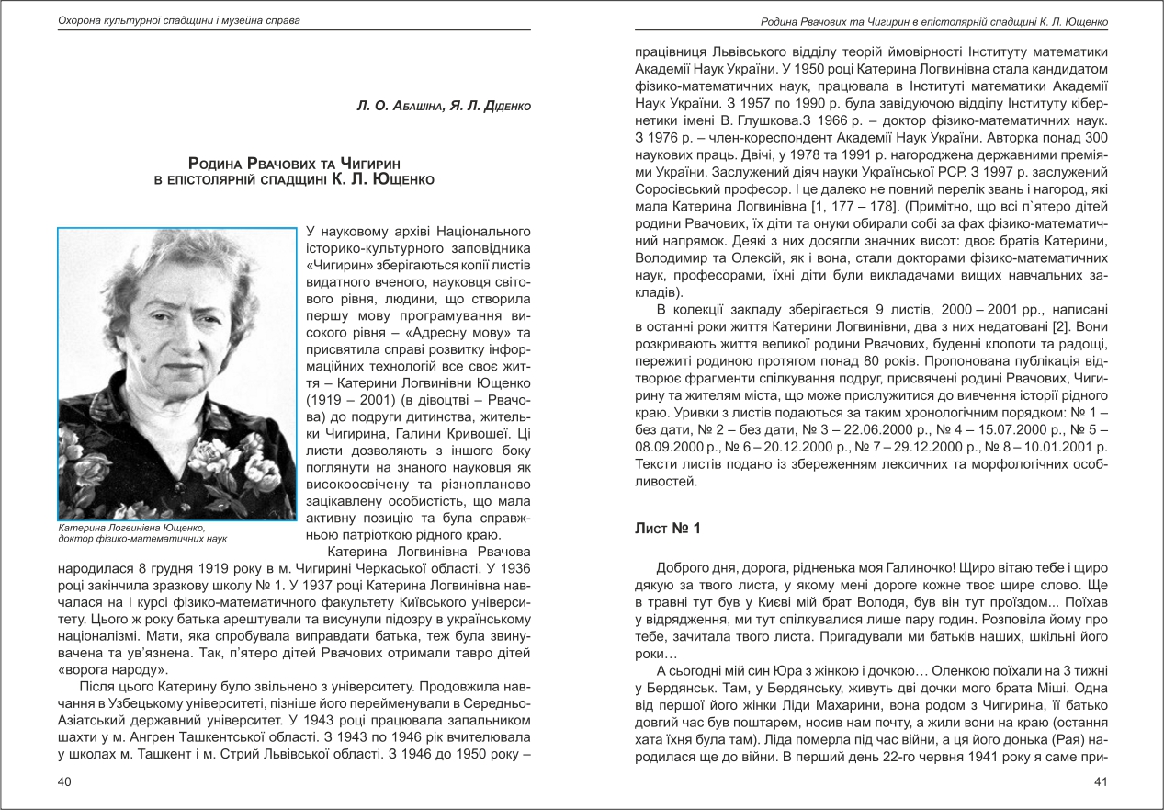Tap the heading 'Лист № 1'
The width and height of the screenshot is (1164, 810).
668,529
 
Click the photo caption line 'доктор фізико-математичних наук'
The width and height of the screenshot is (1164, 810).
141,539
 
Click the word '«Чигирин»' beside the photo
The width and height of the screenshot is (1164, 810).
339,261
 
